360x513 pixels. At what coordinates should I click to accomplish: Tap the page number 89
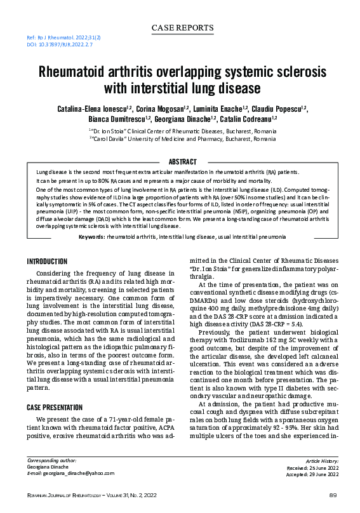pyautogui.click(x=332, y=495)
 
